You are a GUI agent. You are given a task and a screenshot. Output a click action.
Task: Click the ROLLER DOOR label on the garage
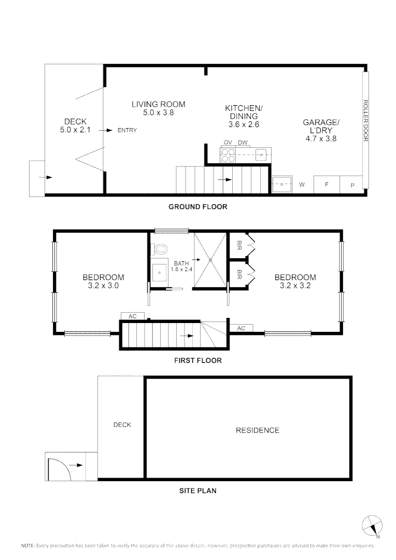pyautogui.click(x=365, y=121)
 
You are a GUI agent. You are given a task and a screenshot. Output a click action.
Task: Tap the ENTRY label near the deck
pyautogui.click(x=127, y=130)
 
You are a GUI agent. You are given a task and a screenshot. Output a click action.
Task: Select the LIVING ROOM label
pyautogui.click(x=158, y=104)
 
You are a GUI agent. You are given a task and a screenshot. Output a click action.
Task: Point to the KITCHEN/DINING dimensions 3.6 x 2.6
pyautogui.click(x=244, y=124)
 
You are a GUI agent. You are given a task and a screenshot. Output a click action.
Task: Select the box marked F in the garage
pyautogui.click(x=327, y=185)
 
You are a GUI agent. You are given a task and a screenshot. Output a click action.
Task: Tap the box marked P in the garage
pyautogui.click(x=352, y=185)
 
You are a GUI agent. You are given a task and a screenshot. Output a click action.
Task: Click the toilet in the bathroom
pyautogui.click(x=160, y=249)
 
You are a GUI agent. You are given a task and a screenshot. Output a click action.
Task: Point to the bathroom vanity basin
pyautogui.click(x=160, y=270)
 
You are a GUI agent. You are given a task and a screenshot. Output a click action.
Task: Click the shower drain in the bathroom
pyautogui.click(x=210, y=259)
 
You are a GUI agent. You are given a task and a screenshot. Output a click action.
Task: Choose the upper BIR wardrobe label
pyautogui.click(x=239, y=244)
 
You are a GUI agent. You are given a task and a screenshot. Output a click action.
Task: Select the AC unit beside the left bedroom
pyautogui.click(x=129, y=316)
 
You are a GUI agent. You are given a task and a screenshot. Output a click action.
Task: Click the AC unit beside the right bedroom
pyautogui.click(x=241, y=328)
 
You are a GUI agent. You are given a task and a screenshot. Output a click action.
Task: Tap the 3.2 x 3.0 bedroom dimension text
pyautogui.click(x=103, y=285)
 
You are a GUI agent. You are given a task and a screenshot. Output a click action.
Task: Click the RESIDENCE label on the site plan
pyautogui.click(x=257, y=430)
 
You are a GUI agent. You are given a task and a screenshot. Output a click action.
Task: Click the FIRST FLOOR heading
pyautogui.click(x=197, y=360)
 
